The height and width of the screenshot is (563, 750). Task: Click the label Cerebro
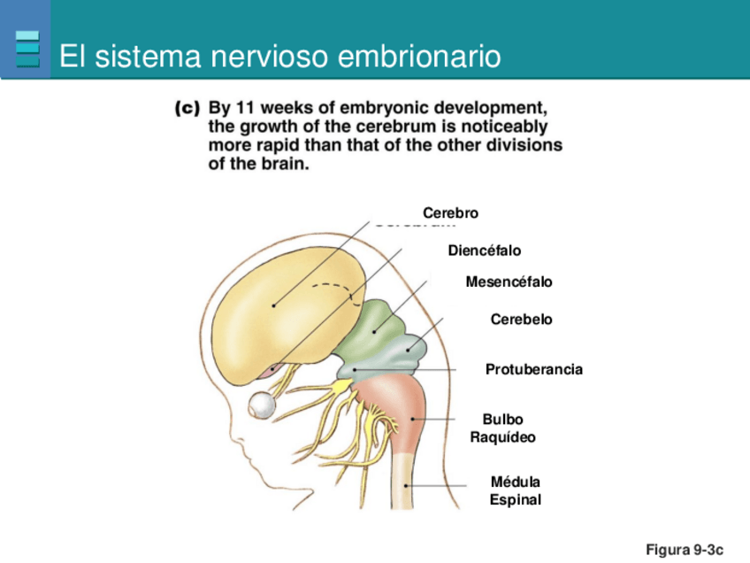pos(450,213)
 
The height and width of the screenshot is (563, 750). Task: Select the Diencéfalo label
pos(484,251)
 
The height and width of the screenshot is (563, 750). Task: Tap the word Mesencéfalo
pos(509,282)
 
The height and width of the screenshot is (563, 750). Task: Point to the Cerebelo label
pos(521,320)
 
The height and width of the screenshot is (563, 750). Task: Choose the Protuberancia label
pos(534,369)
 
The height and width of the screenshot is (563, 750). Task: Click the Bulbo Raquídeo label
pos(502,428)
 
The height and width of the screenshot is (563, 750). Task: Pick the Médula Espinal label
pos(515,491)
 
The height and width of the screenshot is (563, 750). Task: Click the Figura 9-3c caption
pos(685,550)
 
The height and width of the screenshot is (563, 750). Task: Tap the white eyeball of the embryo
pos(264,405)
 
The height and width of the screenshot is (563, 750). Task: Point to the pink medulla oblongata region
pos(398,407)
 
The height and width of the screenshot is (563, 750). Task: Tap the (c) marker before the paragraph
pos(187,109)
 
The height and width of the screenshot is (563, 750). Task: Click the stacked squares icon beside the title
pos(28,50)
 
